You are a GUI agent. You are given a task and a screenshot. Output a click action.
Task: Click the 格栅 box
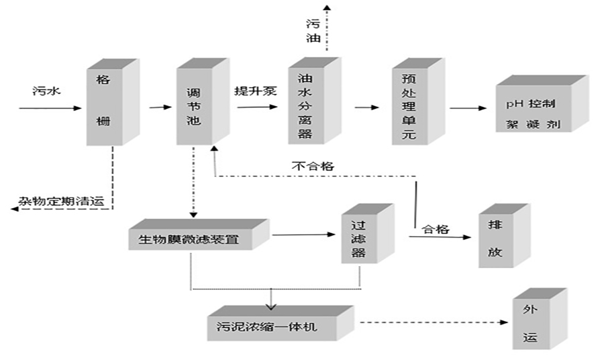tap(103, 105)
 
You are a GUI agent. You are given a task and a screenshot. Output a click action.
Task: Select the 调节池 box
tap(194, 105)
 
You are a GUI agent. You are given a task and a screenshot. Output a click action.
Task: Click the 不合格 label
tap(312, 165)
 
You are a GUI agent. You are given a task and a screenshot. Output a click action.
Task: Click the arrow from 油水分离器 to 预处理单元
tap(366, 107)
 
